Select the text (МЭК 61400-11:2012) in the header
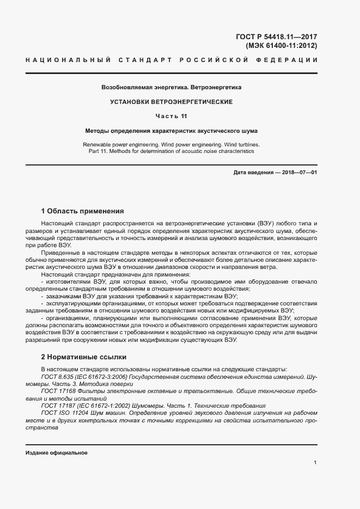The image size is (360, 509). (282, 46)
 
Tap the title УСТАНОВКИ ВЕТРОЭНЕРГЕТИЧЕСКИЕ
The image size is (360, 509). (172, 102)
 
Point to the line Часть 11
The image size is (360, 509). (172, 116)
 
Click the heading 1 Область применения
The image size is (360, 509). (83, 211)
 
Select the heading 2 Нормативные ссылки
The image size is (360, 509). (84, 357)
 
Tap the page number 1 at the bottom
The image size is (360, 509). (315, 462)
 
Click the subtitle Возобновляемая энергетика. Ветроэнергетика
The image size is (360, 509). (172, 87)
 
